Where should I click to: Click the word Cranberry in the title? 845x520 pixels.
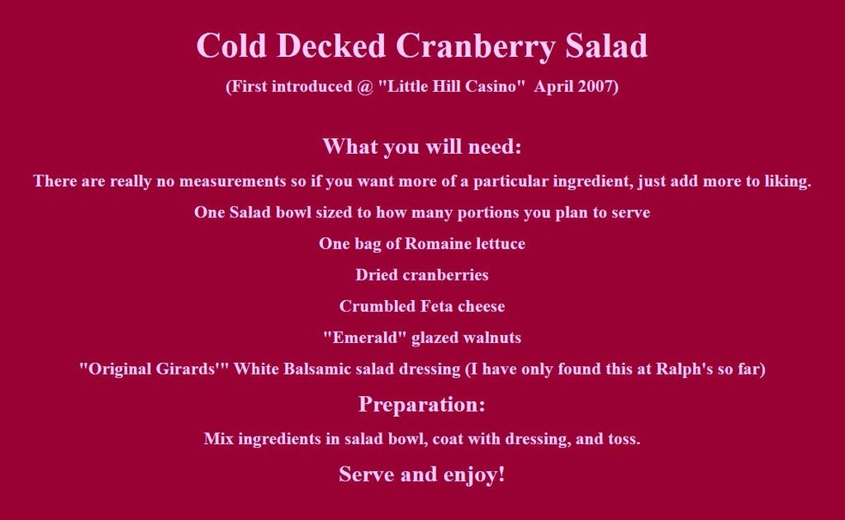(x=476, y=46)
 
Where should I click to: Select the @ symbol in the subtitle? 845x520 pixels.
(x=365, y=86)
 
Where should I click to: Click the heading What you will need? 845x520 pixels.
(x=422, y=146)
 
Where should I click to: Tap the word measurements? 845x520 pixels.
(x=232, y=181)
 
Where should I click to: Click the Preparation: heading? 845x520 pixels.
(x=422, y=404)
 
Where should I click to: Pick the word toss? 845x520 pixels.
(x=624, y=439)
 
